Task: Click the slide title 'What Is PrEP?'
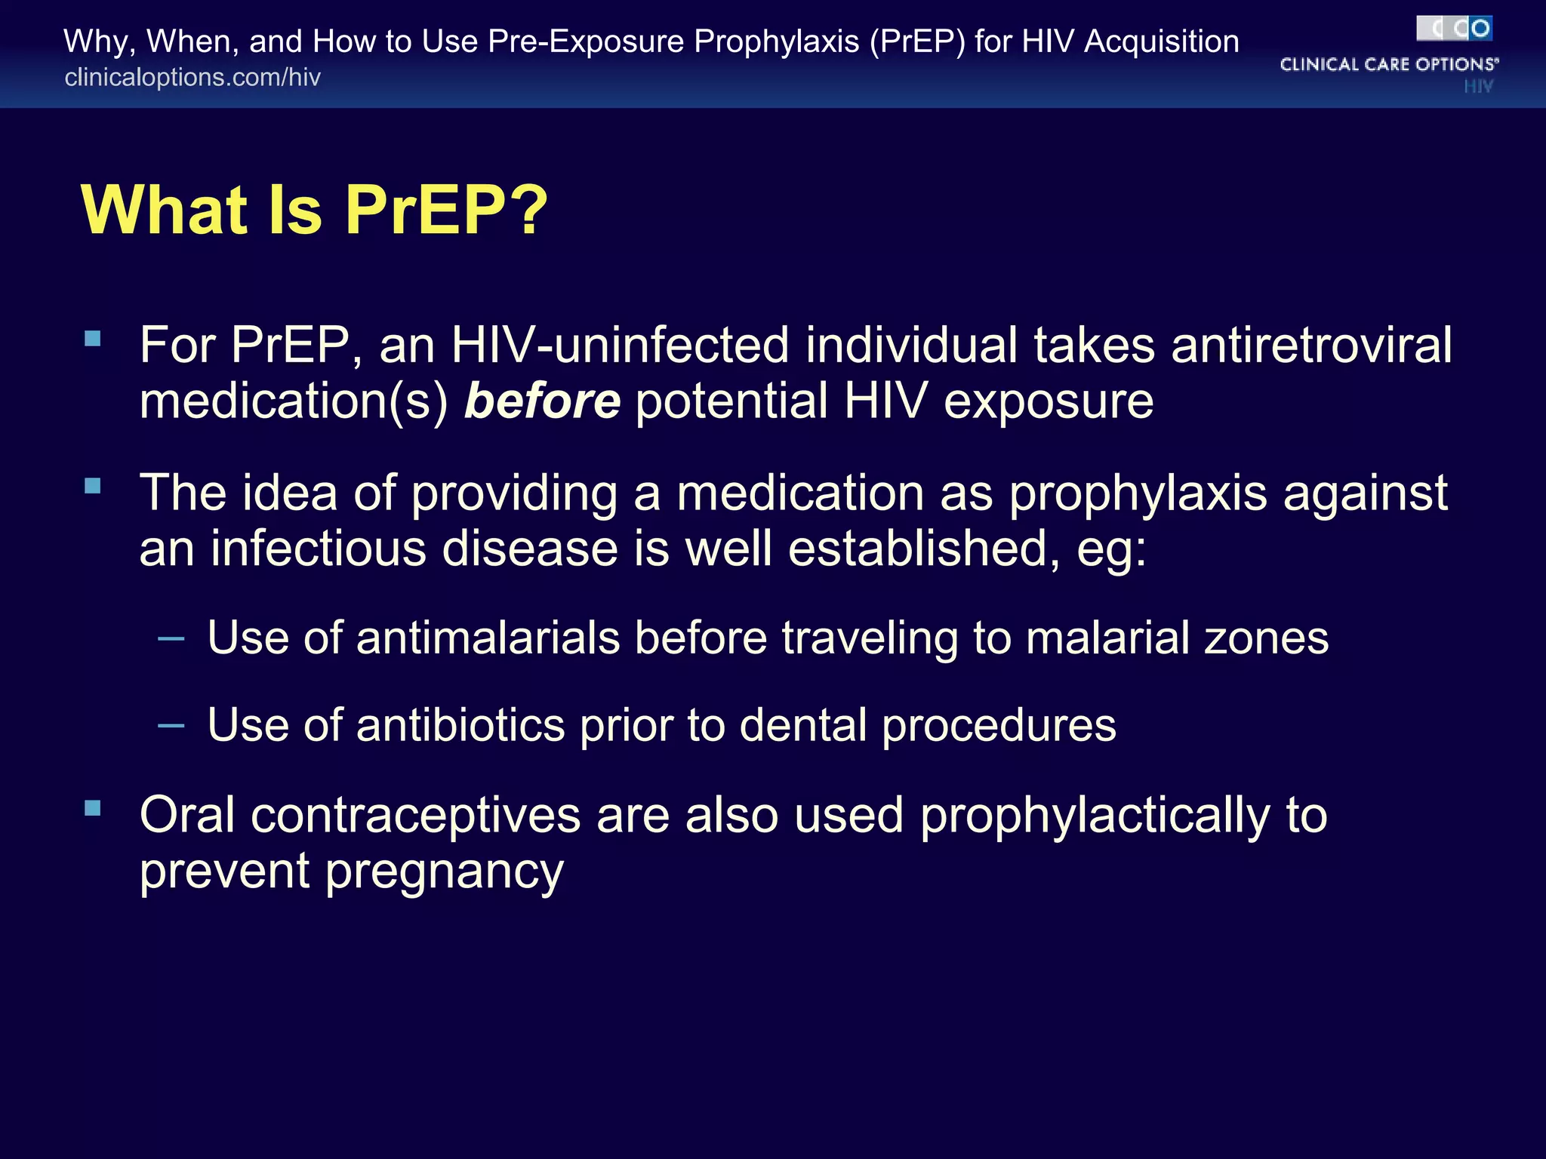coord(314,211)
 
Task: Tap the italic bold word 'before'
coord(542,401)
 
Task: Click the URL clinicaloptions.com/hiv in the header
coord(192,78)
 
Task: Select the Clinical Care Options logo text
coord(1388,64)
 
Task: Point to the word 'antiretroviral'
coord(1311,346)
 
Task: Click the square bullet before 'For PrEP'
coord(93,338)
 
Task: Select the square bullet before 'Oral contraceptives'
coord(93,808)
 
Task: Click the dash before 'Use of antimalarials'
coord(171,639)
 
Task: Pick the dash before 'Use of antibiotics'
coord(171,726)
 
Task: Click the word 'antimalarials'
coord(488,638)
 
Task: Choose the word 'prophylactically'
coord(1095,816)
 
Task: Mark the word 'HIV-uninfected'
coord(620,346)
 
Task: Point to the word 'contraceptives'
coord(415,816)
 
